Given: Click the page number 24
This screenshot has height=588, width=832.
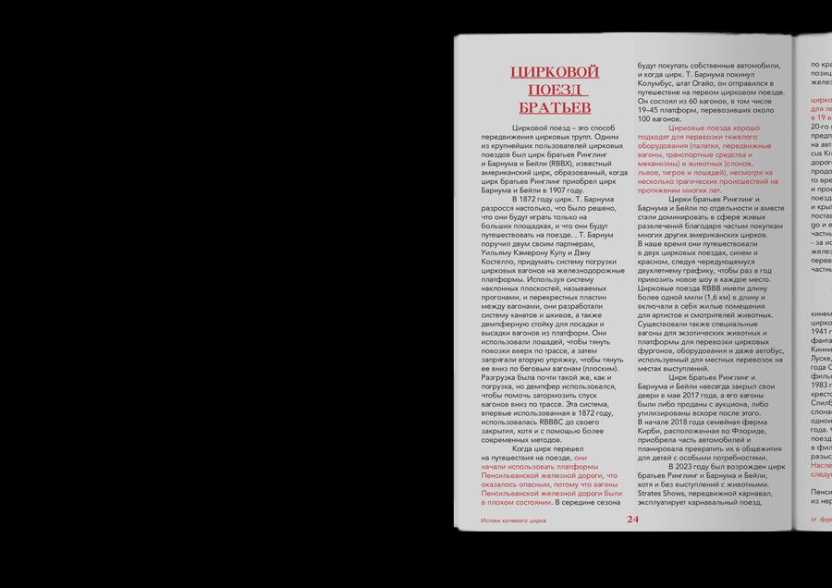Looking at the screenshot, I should pyautogui.click(x=632, y=520).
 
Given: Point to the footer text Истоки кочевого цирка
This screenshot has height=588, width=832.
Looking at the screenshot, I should pyautogui.click(x=513, y=521).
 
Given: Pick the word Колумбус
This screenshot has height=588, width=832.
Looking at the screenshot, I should pyautogui.click(x=662, y=82).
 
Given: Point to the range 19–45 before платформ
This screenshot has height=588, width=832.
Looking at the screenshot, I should pyautogui.click(x=650, y=109).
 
